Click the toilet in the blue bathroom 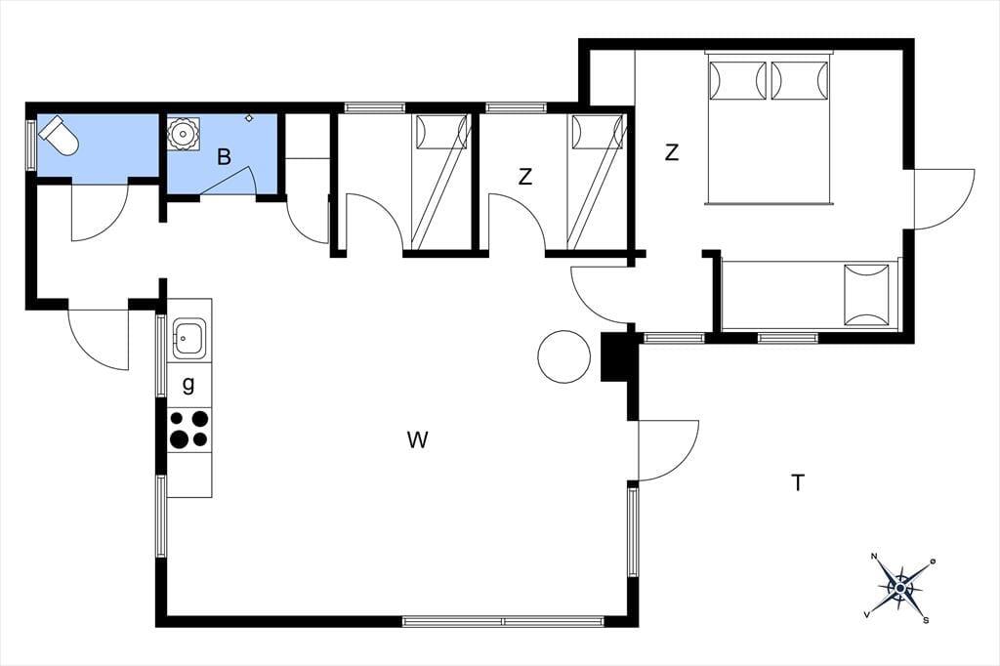(59, 135)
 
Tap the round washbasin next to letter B (183, 134)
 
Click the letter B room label (224, 157)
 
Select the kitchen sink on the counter (188, 338)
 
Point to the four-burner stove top (188, 430)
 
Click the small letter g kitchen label (188, 385)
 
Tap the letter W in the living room (417, 439)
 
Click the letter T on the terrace (798, 483)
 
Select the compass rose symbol (899, 587)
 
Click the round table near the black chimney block (564, 356)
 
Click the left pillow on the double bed (738, 80)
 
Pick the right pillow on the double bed (799, 80)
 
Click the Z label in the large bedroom (672, 153)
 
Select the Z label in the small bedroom (524, 177)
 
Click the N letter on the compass (874, 557)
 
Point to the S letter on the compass (926, 620)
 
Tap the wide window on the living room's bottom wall (503, 621)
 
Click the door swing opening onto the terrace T (668, 450)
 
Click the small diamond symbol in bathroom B (249, 118)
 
